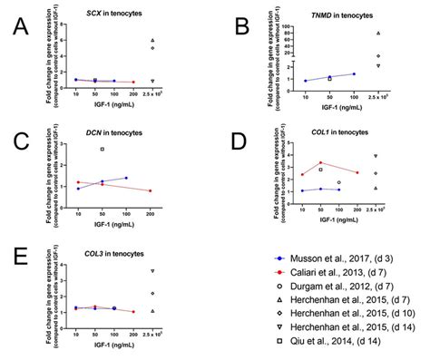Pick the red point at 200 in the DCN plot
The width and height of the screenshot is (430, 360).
click(151, 190)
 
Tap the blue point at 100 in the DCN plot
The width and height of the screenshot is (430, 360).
click(126, 178)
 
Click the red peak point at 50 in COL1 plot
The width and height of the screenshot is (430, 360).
click(321, 163)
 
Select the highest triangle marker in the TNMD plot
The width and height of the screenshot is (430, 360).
click(377, 34)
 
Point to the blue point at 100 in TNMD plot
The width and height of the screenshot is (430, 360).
click(354, 73)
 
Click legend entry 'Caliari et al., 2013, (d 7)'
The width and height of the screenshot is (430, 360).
click(345, 271)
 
